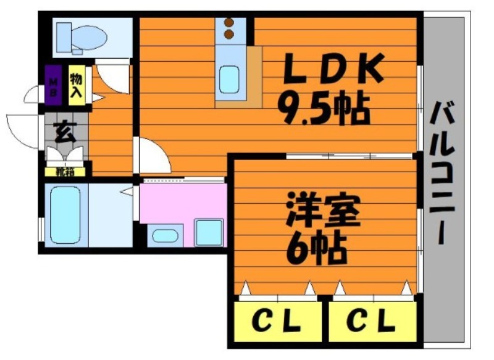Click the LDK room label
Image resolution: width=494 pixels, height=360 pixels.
coord(333,69)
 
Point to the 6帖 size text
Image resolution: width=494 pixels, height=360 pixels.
coord(316,248)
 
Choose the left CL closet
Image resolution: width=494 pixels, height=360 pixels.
coord(277,322)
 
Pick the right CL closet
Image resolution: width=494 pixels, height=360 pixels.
coord(373,322)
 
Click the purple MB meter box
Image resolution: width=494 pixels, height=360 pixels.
coord(53,85)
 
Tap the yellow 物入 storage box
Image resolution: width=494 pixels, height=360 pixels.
coord(77,85)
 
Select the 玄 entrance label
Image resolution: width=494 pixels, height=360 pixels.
coord(65,132)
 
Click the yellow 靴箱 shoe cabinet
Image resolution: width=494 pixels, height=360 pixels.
coord(65,172)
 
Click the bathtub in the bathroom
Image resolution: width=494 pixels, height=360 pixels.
coord(65,215)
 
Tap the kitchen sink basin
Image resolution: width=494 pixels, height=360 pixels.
coord(229,80)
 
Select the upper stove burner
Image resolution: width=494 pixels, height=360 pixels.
coord(229,22)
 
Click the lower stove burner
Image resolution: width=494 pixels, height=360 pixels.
coord(229,34)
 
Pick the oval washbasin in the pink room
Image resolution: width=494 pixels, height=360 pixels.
coord(165,236)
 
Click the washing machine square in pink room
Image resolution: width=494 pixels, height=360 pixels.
coord(209,232)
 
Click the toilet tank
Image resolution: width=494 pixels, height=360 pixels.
coord(64,37)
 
